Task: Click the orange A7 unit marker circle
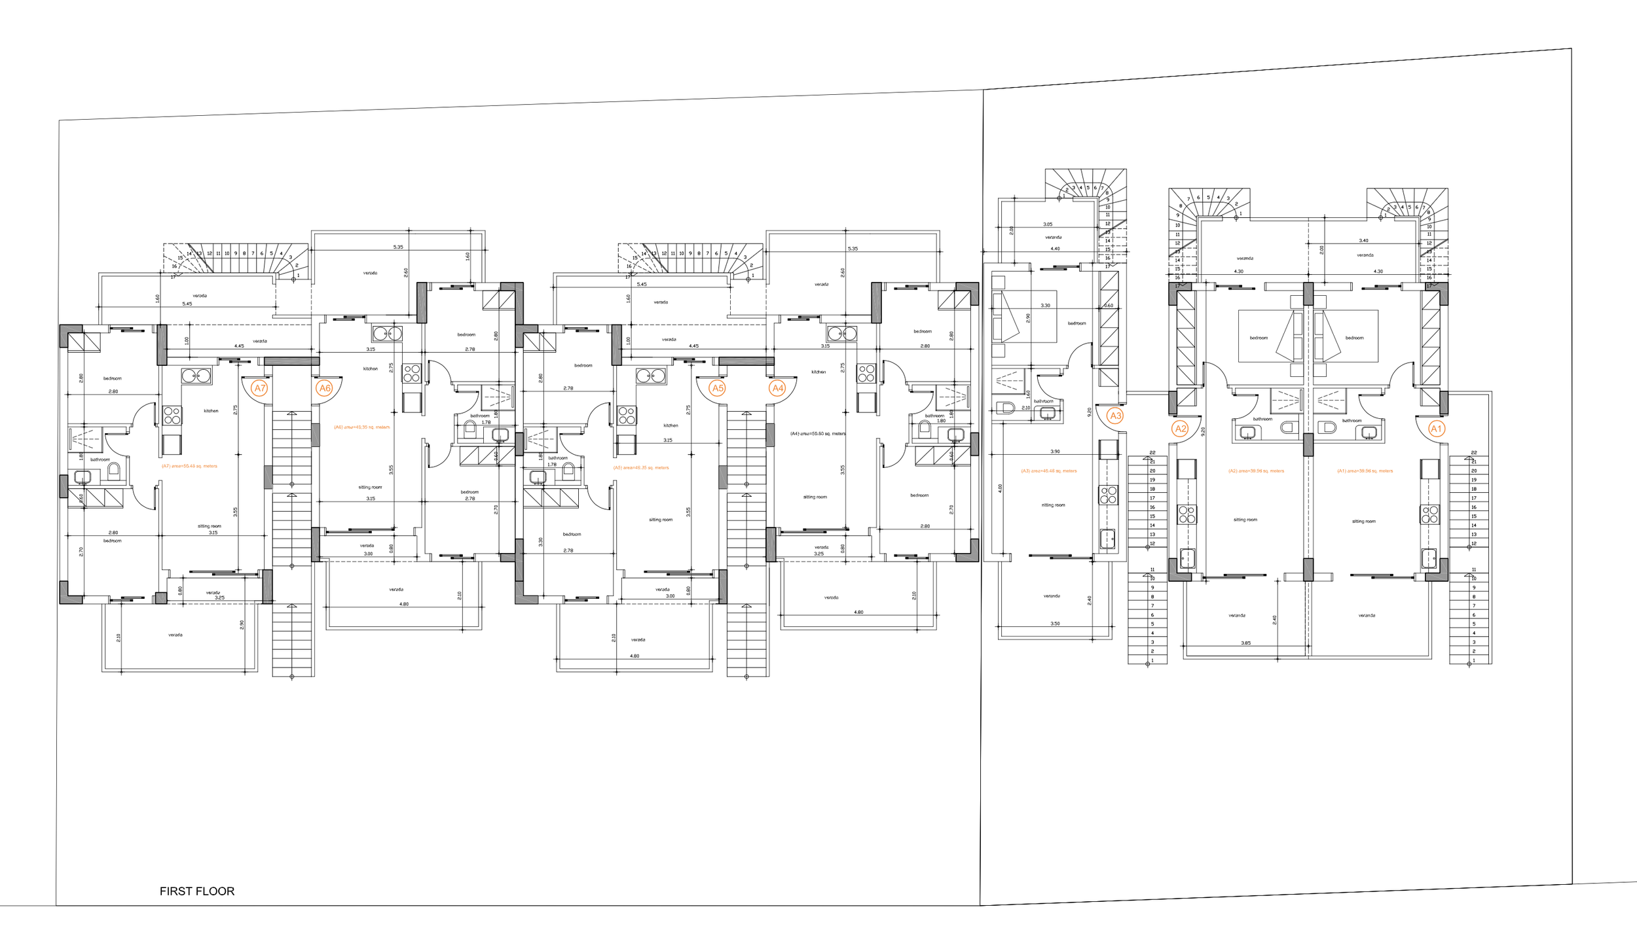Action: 260,388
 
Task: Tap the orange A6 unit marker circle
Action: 324,388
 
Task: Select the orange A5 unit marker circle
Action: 718,388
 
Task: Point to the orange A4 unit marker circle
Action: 777,388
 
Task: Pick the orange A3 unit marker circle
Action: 1115,416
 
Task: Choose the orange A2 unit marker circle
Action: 1180,429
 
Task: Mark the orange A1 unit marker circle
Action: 1436,429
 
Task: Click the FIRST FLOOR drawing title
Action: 197,891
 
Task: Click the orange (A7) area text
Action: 189,466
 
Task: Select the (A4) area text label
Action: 818,433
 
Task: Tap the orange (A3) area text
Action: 1048,471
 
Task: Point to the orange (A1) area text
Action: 1365,471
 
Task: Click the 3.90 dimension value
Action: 1055,452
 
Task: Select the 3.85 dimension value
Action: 1245,643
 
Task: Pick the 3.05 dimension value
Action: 1048,224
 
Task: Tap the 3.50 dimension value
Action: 1055,624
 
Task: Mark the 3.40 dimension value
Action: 1363,241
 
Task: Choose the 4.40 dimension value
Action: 1055,249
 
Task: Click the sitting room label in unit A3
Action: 1053,505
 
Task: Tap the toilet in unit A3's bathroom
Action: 1007,408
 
